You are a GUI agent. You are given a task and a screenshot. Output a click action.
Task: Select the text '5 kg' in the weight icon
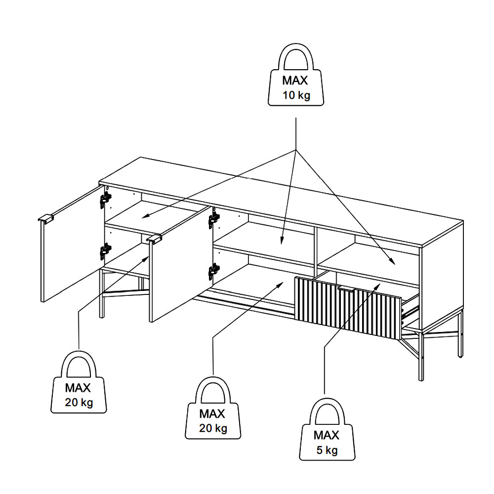(x=327, y=450)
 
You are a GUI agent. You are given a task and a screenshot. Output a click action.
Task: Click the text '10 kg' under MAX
(x=296, y=95)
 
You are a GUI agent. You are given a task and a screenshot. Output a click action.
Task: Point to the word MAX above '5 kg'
(x=327, y=435)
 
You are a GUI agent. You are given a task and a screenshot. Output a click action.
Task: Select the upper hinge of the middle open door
(x=214, y=219)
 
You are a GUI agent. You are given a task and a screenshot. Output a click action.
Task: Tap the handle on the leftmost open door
(x=46, y=219)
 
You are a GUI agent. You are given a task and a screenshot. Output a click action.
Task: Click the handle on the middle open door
(x=155, y=240)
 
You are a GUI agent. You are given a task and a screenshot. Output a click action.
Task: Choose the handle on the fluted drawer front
(x=348, y=289)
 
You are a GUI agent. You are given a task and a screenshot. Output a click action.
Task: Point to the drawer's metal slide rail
(x=410, y=311)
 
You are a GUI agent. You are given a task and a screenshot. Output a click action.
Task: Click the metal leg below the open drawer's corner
(x=421, y=356)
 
